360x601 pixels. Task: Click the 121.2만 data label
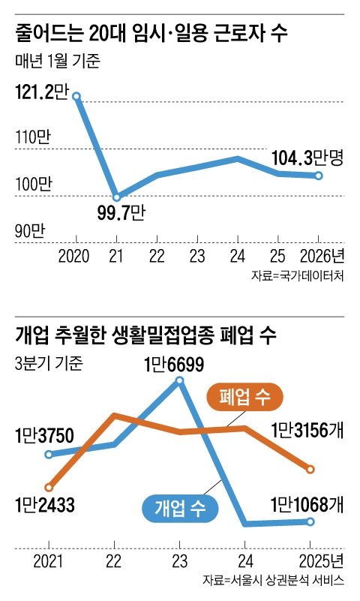point(40,92)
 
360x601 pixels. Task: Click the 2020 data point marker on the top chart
point(76,96)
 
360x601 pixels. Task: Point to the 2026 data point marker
point(319,176)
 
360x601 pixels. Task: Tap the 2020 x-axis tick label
point(73,255)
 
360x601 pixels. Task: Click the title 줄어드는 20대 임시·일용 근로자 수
point(150,35)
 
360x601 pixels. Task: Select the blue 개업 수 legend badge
point(179,509)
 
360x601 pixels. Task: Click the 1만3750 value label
point(43,435)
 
